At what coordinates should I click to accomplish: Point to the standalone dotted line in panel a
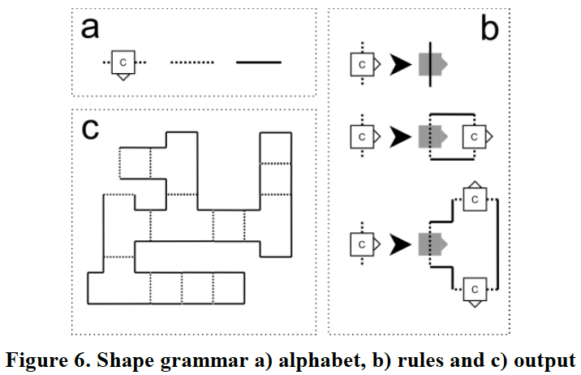click(192, 62)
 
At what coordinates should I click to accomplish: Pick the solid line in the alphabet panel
click(258, 62)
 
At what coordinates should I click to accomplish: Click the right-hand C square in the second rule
click(472, 137)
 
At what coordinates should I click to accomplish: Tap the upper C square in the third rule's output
click(473, 199)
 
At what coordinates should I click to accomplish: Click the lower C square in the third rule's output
click(473, 287)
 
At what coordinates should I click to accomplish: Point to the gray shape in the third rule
click(431, 243)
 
